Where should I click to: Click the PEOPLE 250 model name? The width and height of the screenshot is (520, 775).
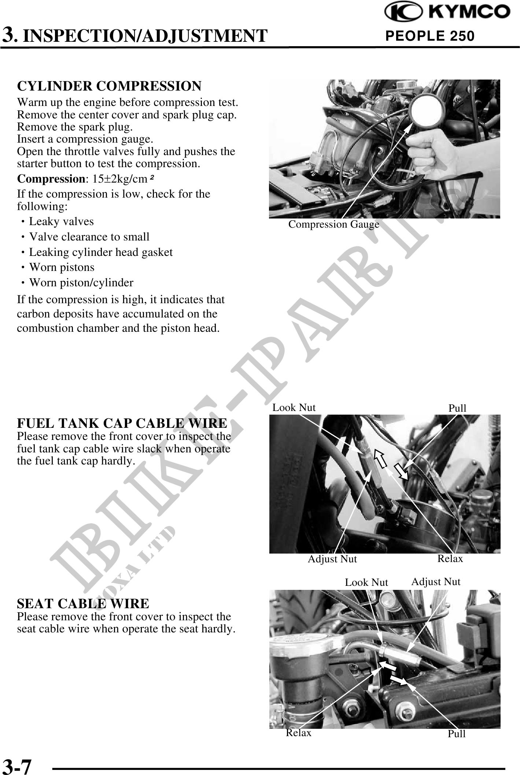click(430, 36)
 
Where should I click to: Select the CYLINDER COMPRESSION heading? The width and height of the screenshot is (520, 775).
click(109, 86)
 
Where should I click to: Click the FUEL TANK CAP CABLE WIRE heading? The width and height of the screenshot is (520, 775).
click(122, 423)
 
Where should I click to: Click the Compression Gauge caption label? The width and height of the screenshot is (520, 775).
click(333, 224)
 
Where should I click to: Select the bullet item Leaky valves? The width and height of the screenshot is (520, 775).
click(61, 222)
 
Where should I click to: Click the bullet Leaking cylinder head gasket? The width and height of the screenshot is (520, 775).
click(101, 252)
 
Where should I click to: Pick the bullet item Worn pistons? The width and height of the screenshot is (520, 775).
click(62, 267)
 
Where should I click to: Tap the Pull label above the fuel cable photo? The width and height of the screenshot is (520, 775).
click(457, 408)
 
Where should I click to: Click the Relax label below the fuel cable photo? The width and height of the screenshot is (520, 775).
click(450, 559)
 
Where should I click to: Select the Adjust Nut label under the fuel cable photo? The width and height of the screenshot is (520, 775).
click(332, 559)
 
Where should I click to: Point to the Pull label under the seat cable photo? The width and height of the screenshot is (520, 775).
click(457, 734)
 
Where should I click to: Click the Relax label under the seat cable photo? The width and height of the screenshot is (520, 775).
click(298, 732)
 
